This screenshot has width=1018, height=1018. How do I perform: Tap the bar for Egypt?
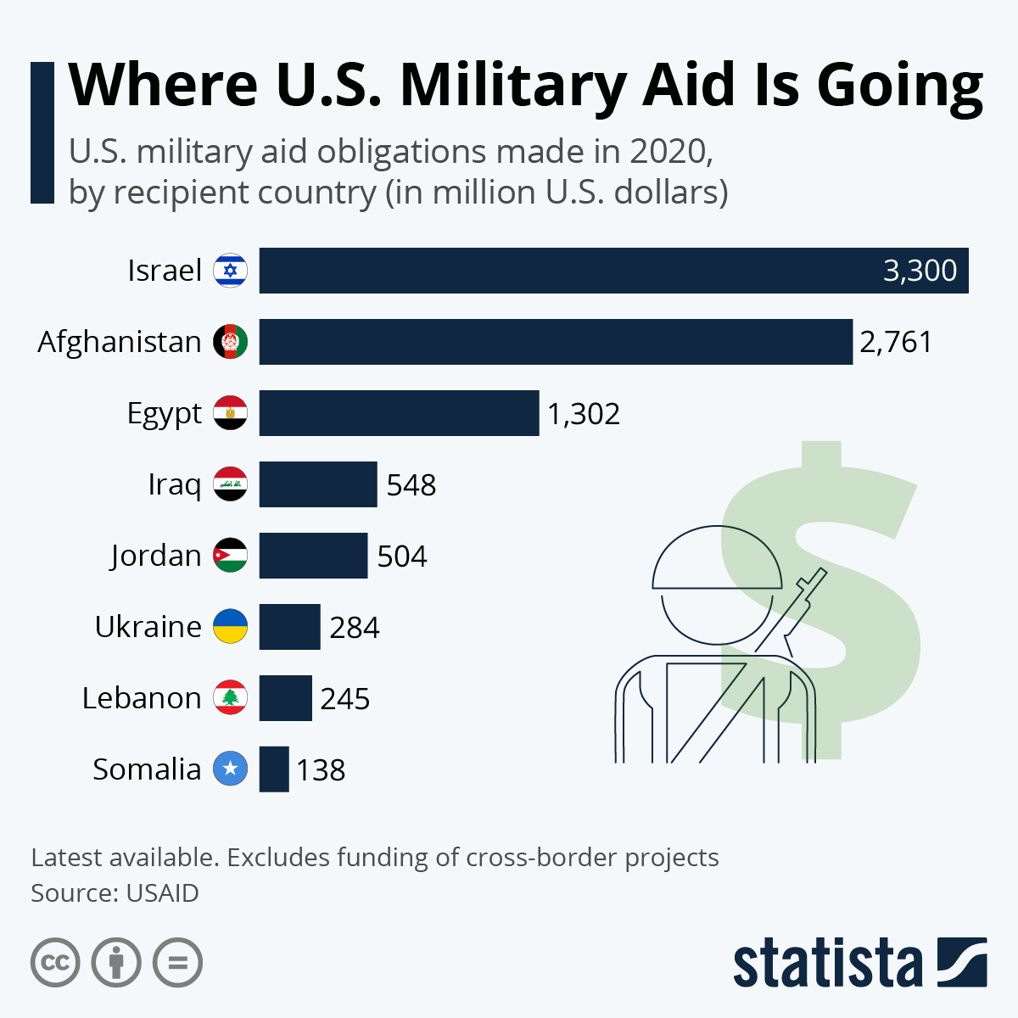(399, 413)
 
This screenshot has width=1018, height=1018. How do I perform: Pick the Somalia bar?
(274, 769)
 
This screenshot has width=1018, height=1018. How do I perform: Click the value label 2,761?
(896, 342)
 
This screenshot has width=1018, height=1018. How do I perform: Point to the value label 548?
(411, 485)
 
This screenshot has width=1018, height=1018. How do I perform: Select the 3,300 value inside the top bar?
(920, 271)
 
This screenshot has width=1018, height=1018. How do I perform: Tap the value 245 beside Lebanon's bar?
(345, 699)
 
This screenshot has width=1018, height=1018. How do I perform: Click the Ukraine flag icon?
(230, 626)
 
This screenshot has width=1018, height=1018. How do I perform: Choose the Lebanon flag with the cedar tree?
(230, 697)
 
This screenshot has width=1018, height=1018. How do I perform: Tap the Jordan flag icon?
(230, 556)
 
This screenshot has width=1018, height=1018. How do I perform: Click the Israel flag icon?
(230, 271)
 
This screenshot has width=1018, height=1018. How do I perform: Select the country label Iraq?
(175, 485)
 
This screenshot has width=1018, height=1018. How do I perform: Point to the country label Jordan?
(156, 557)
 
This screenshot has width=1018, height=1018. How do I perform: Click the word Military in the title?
(513, 85)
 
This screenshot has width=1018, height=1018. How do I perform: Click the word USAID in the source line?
(162, 893)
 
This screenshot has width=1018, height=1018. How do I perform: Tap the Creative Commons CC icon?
(56, 963)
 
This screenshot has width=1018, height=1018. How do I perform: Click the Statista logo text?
(827, 964)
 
